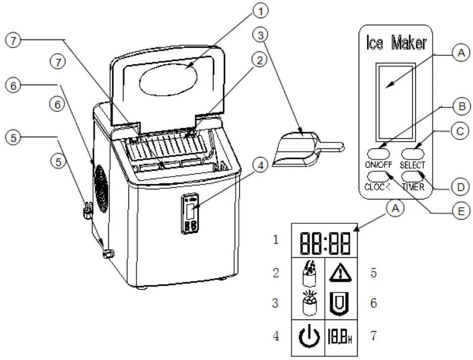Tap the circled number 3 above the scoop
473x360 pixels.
261,36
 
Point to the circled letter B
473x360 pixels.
459,108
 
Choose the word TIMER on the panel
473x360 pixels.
413,186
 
